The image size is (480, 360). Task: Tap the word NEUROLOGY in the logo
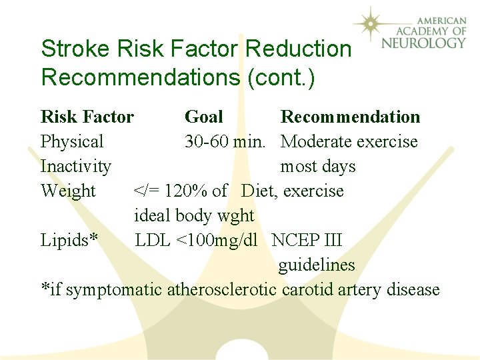click(424, 43)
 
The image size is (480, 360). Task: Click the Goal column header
click(203, 117)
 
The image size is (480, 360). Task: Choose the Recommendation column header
click(351, 117)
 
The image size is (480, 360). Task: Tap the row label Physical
click(72, 142)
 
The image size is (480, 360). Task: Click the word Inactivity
click(76, 167)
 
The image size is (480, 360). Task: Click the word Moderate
click(317, 142)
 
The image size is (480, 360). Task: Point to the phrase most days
click(318, 167)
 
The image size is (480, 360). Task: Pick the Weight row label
click(68, 191)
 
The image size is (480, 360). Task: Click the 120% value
click(186, 191)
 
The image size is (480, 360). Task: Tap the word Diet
click(258, 191)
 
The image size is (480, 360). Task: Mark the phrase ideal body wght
click(194, 216)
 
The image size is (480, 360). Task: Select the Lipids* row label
click(70, 241)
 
